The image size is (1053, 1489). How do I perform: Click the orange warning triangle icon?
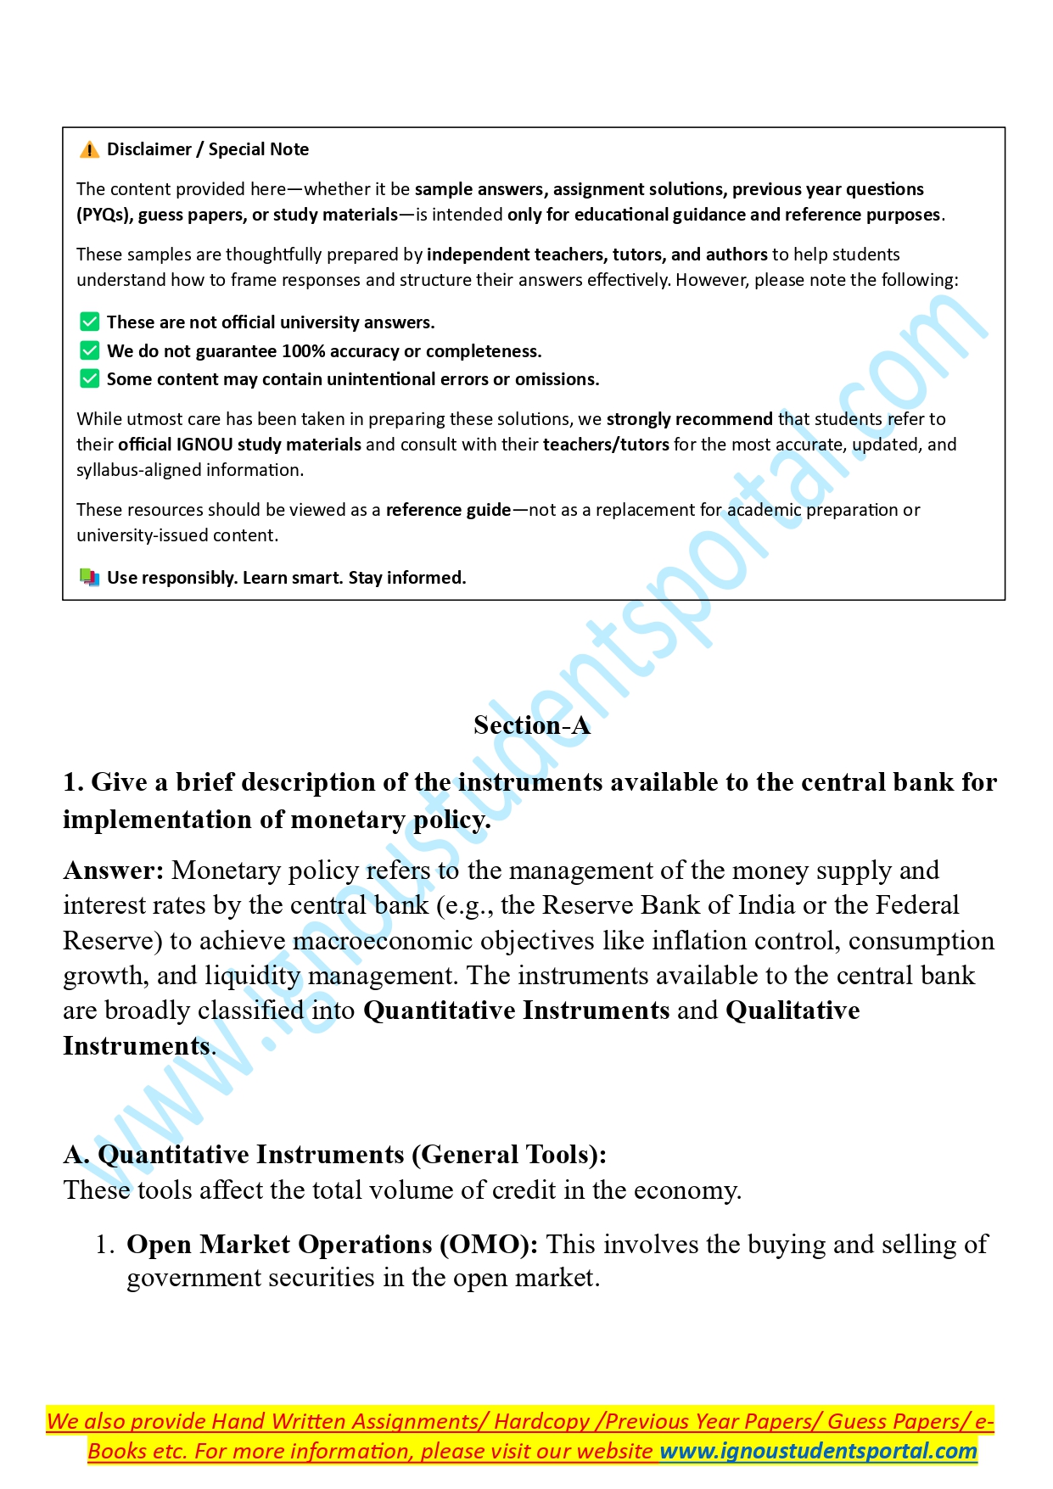(89, 150)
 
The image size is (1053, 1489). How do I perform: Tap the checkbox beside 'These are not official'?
(89, 322)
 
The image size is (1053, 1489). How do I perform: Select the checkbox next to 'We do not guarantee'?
(89, 351)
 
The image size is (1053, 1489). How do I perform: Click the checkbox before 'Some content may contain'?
(89, 379)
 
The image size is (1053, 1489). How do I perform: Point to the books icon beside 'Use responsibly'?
(89, 578)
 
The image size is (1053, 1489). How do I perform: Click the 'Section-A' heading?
(531, 725)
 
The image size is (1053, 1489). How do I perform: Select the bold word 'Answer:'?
(114, 870)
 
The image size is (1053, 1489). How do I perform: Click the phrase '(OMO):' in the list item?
(489, 1245)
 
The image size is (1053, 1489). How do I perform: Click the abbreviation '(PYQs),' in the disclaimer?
(104, 215)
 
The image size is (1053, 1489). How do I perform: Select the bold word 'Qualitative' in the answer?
(793, 1010)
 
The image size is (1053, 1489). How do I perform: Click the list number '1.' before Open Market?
(105, 1245)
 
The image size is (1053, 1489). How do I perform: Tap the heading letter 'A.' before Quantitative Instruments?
(76, 1155)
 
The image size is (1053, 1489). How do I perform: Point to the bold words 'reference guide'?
(448, 510)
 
